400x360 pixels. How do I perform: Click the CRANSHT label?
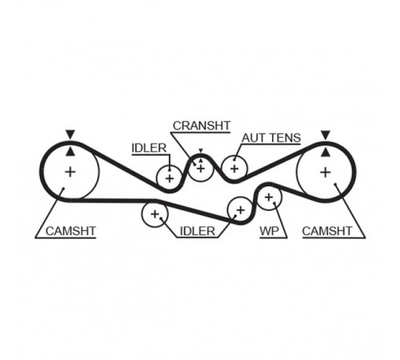coord(202,126)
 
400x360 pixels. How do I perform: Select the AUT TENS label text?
coord(271,138)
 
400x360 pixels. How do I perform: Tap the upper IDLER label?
coord(149,148)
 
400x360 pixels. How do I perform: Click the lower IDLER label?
coord(198,231)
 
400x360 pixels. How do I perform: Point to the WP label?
coord(270,231)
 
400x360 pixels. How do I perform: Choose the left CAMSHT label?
coord(70,231)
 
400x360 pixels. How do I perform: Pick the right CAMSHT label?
coord(327,231)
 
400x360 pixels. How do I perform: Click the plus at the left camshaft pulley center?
coord(70,172)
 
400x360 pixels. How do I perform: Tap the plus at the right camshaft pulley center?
coord(326,172)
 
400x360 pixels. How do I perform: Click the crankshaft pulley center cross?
coord(201,168)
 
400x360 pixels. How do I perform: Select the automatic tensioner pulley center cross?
coord(234,169)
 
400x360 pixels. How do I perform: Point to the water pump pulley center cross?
coord(269,198)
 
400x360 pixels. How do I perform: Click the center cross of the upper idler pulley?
coord(170,178)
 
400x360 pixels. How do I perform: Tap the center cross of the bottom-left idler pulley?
coord(154,214)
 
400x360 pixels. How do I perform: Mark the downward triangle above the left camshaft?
coord(70,134)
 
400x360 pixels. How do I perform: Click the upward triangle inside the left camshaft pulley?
coord(70,151)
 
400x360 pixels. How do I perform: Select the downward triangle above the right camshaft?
coord(326,134)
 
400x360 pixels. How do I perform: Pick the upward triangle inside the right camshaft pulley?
coord(325,152)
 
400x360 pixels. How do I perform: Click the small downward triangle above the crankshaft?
coord(201,150)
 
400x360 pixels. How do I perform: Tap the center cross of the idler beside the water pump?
coord(241,210)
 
